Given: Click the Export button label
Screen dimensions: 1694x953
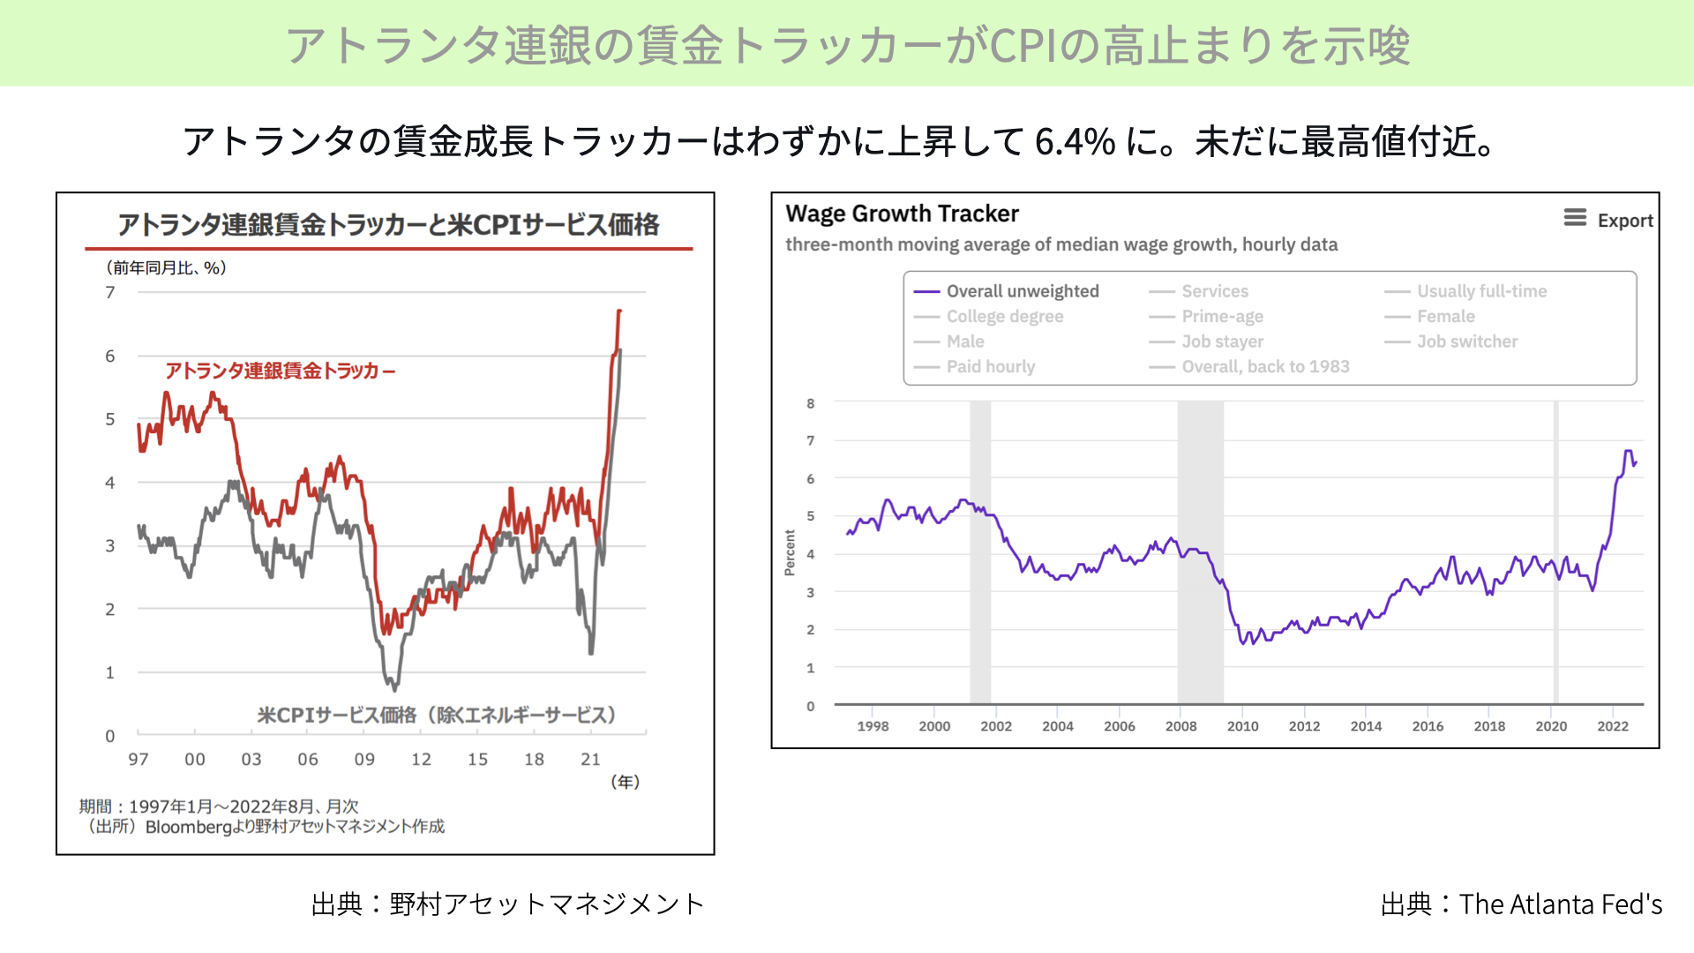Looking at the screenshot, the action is coord(1624,221).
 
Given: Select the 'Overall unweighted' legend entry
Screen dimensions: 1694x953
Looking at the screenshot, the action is coord(1006,291).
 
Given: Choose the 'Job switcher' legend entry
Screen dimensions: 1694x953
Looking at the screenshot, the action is coord(1451,341).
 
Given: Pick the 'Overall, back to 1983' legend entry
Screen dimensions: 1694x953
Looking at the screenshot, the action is coord(1249,366).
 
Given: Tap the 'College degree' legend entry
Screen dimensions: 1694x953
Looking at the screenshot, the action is coord(988,316).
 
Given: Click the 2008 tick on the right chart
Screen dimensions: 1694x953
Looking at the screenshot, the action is coord(1181,726).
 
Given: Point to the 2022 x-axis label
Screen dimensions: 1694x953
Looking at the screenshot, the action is coord(1613,726).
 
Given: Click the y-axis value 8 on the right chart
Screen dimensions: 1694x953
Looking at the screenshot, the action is coord(811,403).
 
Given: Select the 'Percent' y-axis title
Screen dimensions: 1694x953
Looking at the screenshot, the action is coord(790,553).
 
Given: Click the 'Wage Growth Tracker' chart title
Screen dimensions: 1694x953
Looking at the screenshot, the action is coord(902,214).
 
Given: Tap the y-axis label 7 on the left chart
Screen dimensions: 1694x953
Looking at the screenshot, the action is coord(110,292).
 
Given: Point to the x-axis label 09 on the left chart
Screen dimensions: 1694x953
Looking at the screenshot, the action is coord(364,759).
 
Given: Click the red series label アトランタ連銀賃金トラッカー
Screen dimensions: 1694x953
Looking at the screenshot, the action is coord(280,371).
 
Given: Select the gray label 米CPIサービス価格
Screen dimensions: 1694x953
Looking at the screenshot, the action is coord(337,715).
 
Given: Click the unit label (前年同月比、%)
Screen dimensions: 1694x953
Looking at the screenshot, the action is coord(166,267).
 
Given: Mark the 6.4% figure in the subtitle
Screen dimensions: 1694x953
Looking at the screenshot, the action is coord(1075,141).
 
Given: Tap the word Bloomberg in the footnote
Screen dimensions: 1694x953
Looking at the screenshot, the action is coord(188,827).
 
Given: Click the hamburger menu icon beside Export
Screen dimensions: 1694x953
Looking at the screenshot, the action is coord(1575,217).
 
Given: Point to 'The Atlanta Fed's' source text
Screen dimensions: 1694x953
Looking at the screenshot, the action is coord(1561,904).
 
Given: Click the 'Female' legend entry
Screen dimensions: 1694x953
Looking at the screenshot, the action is coord(1429,316).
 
